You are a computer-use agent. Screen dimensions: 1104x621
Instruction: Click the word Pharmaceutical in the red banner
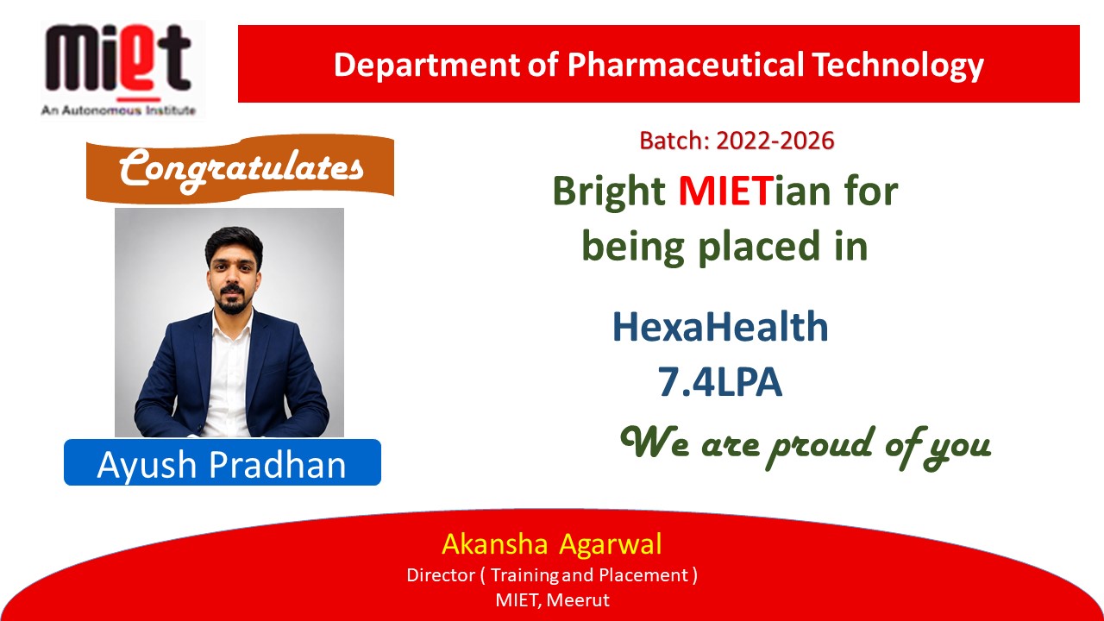(x=686, y=65)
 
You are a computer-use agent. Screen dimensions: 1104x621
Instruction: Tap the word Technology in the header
(x=898, y=66)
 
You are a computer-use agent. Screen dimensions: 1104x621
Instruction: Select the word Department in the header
(x=427, y=66)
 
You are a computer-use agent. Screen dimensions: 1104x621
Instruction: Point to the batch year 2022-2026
(x=775, y=141)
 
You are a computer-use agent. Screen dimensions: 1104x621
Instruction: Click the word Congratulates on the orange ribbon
(x=241, y=169)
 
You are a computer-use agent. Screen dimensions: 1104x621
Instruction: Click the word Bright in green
(x=609, y=191)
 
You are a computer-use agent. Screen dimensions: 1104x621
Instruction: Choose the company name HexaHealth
(x=720, y=326)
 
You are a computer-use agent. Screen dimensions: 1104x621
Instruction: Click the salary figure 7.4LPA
(x=720, y=381)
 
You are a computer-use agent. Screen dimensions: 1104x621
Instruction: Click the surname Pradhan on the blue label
(x=278, y=464)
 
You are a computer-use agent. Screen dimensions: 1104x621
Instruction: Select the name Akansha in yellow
(x=495, y=544)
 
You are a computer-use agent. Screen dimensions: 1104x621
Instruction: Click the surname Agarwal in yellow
(x=611, y=545)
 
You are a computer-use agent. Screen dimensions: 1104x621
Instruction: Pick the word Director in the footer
(x=441, y=575)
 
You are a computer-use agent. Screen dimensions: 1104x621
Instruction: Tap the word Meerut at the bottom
(x=578, y=600)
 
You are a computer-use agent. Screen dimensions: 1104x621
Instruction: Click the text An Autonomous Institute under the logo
(x=118, y=110)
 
